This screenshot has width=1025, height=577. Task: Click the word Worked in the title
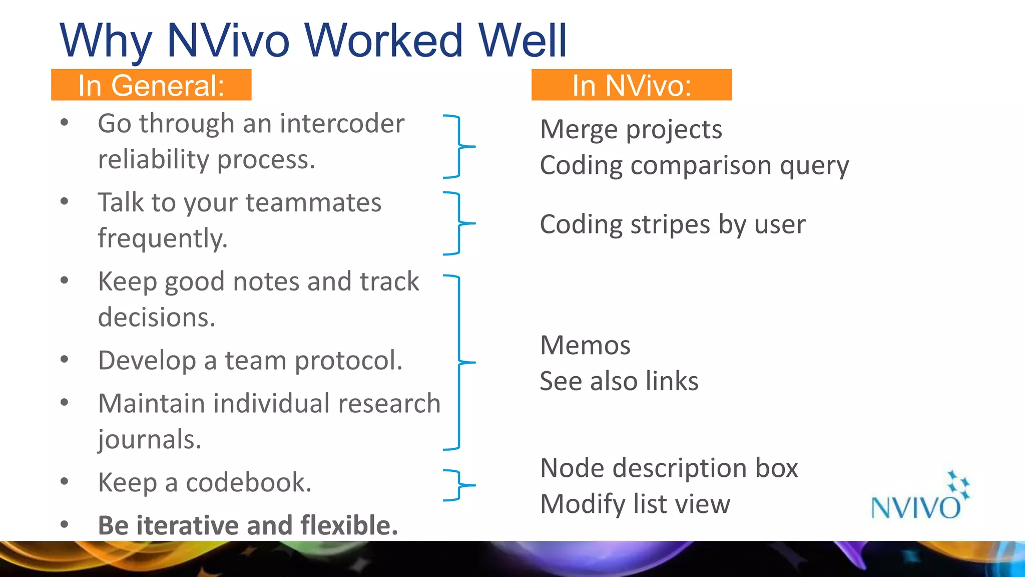coord(383,41)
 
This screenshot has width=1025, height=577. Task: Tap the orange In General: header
coord(151,85)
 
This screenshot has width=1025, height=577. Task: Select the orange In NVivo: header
coord(632,85)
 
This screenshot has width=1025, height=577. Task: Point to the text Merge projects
coord(631,130)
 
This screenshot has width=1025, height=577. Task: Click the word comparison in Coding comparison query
coord(701,165)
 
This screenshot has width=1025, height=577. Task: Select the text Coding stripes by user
coord(673,224)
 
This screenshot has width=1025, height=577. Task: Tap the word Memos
coord(585,346)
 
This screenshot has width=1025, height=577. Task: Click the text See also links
coord(619,381)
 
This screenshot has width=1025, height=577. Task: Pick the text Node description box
coord(669,468)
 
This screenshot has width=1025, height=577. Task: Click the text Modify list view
coord(635,504)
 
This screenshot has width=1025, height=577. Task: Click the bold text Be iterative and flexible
coord(248,525)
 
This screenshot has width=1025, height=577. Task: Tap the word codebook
coord(248,482)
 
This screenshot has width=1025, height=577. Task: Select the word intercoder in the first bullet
coord(342,124)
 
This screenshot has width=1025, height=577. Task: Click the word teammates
coord(313,202)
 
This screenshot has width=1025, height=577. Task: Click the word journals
coord(149,440)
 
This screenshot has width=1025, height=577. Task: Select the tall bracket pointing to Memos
coord(459,362)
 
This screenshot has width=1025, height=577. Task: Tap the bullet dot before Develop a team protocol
coord(64,359)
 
